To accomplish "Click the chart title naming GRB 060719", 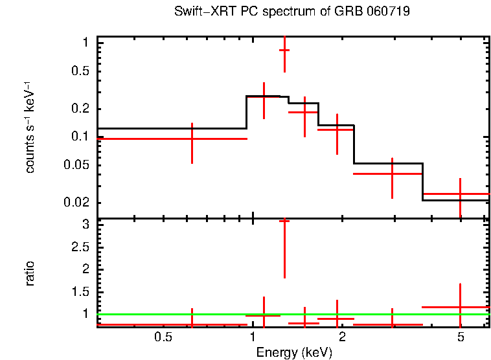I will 292,12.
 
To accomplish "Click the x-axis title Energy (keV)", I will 293,353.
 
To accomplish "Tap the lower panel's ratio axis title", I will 30,273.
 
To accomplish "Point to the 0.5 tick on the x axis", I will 163,337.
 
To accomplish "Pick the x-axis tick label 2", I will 341,337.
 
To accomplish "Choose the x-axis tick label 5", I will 460,337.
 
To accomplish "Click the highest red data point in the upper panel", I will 284,50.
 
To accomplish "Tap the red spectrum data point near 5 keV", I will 460,194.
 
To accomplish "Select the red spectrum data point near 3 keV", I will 392,174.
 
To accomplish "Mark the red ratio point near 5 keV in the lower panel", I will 460,307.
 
